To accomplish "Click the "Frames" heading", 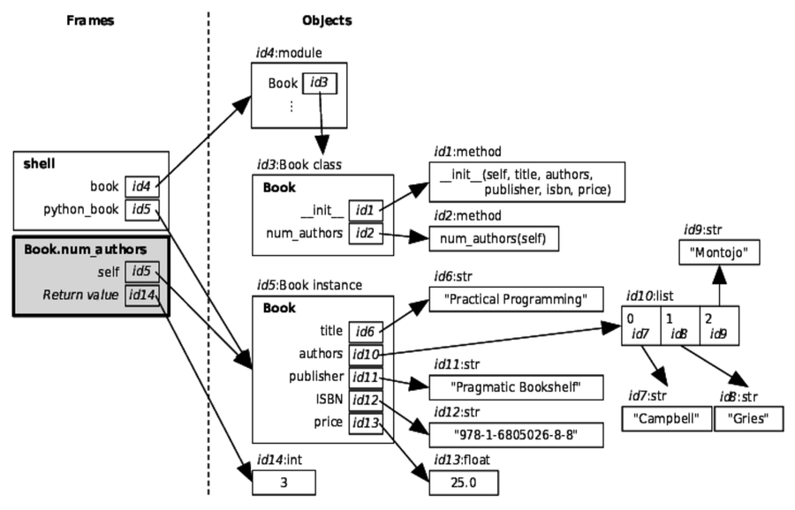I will [90, 20].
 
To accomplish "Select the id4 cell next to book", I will [141, 187].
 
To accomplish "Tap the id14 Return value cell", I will [142, 295].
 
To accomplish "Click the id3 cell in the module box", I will [319, 84].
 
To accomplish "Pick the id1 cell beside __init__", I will [365, 210].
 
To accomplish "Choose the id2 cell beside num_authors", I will [365, 233].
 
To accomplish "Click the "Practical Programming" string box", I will [508, 300].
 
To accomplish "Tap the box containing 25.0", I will [464, 483].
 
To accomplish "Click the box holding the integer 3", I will [284, 483].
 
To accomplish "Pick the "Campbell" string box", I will [666, 418].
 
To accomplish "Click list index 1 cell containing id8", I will [679, 326].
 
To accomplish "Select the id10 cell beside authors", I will [365, 355].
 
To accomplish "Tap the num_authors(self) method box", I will [494, 239].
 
